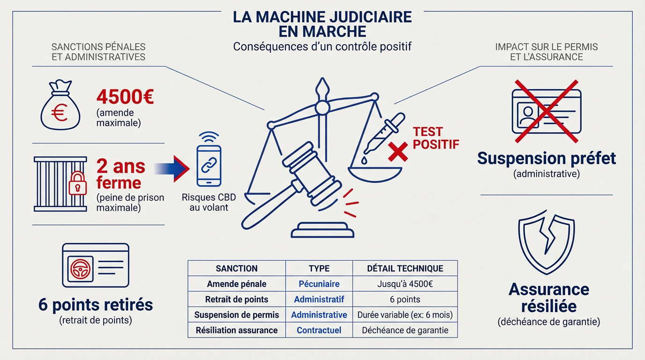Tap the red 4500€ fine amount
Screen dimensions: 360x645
[x=125, y=97]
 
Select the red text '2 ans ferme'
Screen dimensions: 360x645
[x=120, y=174]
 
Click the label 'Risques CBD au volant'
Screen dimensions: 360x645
[x=208, y=202]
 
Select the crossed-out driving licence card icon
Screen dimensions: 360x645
[x=546, y=111]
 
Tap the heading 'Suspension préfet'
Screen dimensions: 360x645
[x=546, y=158]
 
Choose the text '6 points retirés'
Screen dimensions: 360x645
[x=96, y=305]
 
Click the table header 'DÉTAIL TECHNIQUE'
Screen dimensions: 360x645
[x=405, y=269]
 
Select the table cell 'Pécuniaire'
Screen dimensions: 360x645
[x=319, y=284]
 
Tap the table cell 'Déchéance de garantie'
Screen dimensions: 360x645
[x=405, y=330]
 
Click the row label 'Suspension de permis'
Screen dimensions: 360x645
[x=237, y=315]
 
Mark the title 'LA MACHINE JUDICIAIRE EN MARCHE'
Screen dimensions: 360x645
[x=322, y=24]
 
